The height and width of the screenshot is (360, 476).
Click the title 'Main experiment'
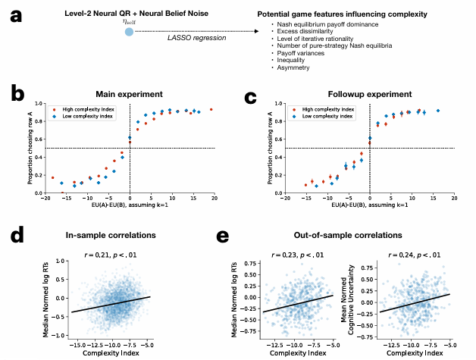click(x=130, y=94)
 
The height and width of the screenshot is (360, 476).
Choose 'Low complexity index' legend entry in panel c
click(x=322, y=117)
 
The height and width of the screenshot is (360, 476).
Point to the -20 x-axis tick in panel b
click(x=45, y=199)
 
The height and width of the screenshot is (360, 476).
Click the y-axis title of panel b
click(x=30, y=149)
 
